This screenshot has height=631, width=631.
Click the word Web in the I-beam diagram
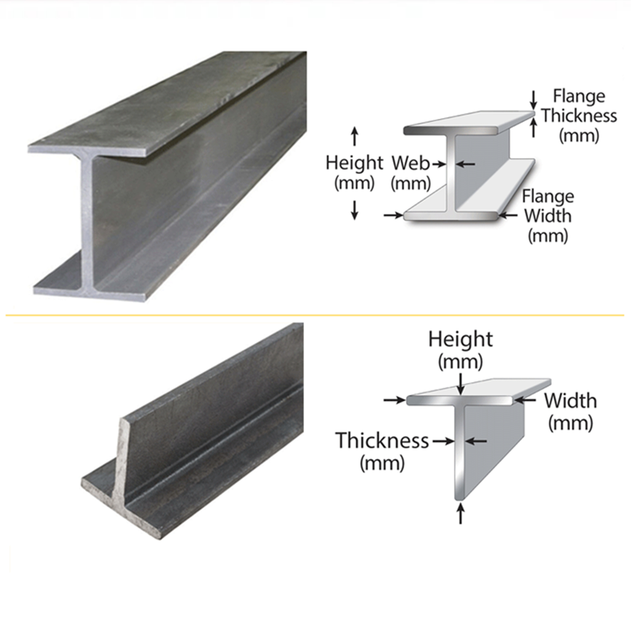point(411,163)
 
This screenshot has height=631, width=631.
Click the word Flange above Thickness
point(579,96)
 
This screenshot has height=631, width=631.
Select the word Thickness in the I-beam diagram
point(579,115)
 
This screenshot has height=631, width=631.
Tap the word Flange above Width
point(548,196)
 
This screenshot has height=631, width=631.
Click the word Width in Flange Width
point(548,216)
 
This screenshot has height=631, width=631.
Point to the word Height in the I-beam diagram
point(354,163)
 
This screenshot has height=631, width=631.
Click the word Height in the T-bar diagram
point(460,339)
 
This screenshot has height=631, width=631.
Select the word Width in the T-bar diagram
point(570,400)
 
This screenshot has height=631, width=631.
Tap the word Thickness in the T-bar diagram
point(382,440)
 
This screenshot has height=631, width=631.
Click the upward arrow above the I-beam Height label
point(355,136)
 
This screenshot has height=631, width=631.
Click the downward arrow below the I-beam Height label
point(355,210)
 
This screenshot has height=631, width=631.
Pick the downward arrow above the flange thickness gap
point(533,100)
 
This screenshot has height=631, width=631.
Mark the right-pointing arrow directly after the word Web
point(438,164)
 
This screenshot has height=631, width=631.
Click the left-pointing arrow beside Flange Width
point(508,215)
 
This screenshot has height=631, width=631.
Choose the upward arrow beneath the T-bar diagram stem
point(461,514)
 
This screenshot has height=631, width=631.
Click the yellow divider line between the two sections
point(315,315)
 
